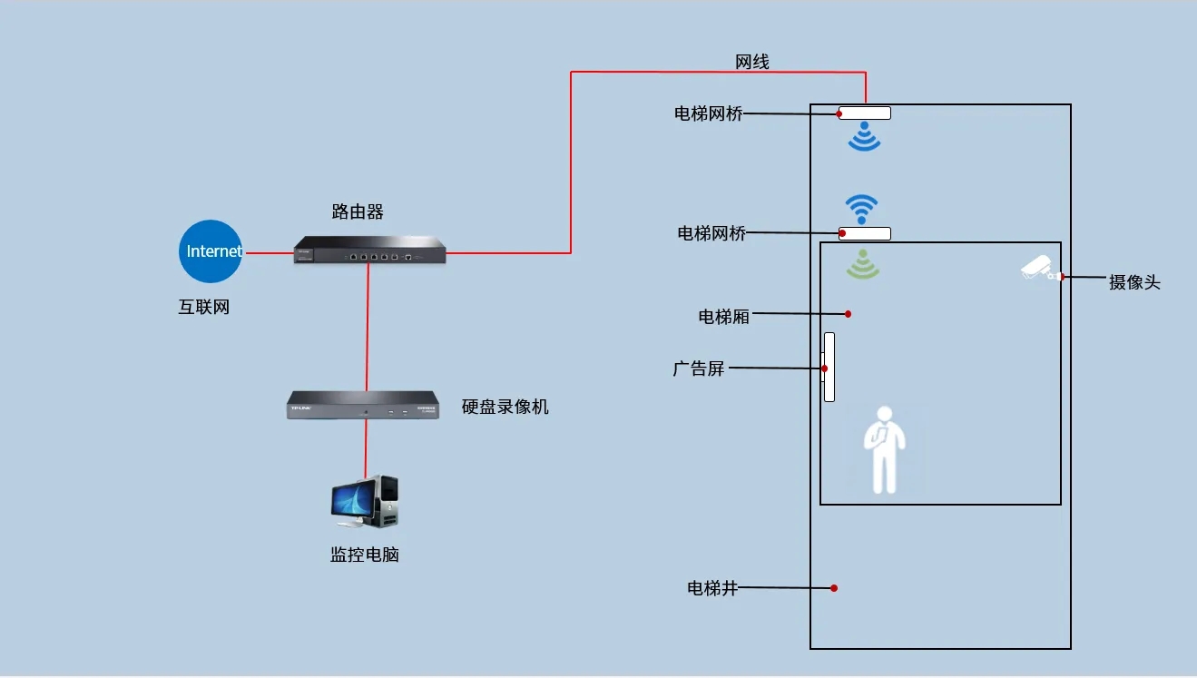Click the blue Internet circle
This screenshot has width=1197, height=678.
coord(211,251)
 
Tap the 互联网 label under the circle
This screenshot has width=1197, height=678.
coord(204,307)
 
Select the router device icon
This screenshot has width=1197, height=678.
coord(370,250)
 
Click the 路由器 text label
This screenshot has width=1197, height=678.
coord(358,212)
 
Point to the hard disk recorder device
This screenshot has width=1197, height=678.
coord(362,405)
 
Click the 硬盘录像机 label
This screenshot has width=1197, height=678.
coord(505,407)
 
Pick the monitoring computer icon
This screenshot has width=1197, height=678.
coord(365,502)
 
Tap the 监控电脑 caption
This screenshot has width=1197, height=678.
coord(364,555)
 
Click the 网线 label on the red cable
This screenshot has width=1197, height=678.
coord(752,62)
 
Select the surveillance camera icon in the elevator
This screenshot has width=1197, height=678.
coord(1037,269)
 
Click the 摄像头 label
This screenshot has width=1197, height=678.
coord(1134,282)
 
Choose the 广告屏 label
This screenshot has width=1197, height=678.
coord(699,368)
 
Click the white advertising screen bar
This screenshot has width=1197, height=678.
coord(829,367)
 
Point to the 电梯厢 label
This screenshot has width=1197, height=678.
coord(723,316)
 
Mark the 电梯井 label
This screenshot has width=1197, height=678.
coord(713,588)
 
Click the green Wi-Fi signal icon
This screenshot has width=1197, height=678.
coord(863,265)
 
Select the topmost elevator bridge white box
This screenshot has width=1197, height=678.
coord(864,113)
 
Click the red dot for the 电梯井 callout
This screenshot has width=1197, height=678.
coord(834,588)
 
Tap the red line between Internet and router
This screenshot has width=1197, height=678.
coord(269,252)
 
